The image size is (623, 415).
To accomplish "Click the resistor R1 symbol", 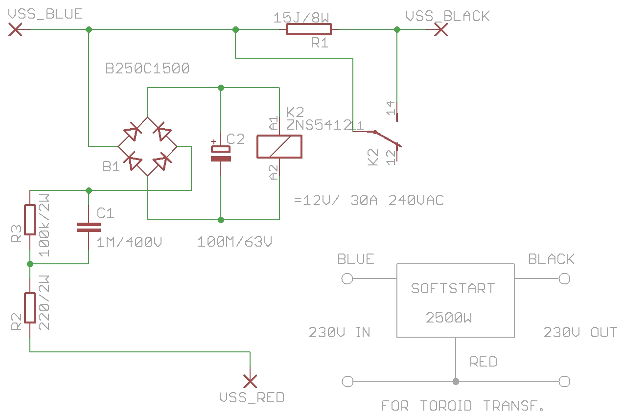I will pyautogui.click(x=308, y=30).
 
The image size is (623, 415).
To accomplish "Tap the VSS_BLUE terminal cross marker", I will pyautogui.click(x=16, y=30).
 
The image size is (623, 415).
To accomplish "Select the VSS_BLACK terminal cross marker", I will pyautogui.click(x=441, y=30).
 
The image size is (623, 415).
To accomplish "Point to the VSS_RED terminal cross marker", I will pyautogui.click(x=250, y=381).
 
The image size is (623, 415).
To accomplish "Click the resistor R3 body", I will pyautogui.click(x=30, y=220).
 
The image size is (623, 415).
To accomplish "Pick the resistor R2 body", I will pyautogui.click(x=30, y=308).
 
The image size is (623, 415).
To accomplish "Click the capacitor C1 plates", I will pyautogui.click(x=89, y=227).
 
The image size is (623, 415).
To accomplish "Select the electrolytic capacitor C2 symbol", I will pyautogui.click(x=221, y=154).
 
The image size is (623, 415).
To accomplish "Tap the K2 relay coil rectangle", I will pyautogui.click(x=279, y=146).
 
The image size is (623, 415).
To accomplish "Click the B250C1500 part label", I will pyautogui.click(x=147, y=69).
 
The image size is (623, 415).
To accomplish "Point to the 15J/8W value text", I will pyautogui.click(x=300, y=18).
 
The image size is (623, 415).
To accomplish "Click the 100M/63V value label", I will pyautogui.click(x=234, y=242).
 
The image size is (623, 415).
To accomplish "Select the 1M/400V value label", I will pyautogui.click(x=129, y=242).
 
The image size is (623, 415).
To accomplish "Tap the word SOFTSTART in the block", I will pyautogui.click(x=453, y=288).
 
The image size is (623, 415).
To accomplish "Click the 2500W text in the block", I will pyautogui.click(x=449, y=318).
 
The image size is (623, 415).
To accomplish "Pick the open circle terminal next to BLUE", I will pyautogui.click(x=347, y=279).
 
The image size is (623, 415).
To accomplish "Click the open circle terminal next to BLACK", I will pyautogui.click(x=564, y=279).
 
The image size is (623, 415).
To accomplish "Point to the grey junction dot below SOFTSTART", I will pyautogui.click(x=456, y=381).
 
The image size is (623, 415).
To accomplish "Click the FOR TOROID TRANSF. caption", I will pyautogui.click(x=463, y=406).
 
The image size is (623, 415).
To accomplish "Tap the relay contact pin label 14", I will pyautogui.click(x=391, y=108).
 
